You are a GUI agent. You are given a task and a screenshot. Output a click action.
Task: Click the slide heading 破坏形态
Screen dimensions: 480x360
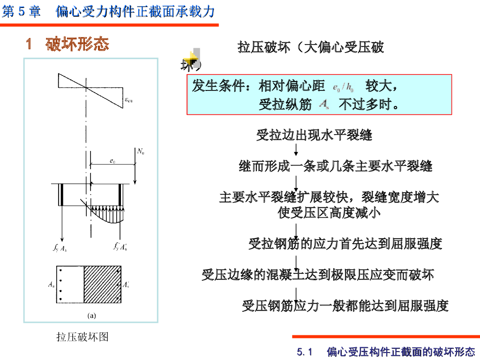77,44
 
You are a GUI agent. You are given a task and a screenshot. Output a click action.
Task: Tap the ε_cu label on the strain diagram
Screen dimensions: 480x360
128,99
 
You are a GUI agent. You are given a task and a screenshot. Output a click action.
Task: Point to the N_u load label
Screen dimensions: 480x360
141,151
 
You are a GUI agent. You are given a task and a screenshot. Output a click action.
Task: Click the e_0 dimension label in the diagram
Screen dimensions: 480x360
112,161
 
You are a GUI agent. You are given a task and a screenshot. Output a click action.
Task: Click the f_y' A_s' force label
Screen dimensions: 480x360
120,247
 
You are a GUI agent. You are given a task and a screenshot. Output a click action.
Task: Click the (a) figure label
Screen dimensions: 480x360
91,315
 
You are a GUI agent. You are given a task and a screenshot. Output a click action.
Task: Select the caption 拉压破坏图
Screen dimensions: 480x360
82,337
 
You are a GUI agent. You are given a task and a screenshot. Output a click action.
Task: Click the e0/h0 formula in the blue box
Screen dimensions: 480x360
343,87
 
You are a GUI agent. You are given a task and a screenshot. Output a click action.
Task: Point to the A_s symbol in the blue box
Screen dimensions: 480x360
323,105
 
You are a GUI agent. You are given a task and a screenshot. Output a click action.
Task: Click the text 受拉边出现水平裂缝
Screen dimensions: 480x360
314,135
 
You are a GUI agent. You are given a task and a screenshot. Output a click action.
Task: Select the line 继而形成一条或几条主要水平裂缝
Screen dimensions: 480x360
335,166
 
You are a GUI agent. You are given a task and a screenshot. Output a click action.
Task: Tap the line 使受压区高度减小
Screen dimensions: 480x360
329,213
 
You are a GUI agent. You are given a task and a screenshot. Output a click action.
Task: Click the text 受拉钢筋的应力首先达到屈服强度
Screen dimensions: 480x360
345,244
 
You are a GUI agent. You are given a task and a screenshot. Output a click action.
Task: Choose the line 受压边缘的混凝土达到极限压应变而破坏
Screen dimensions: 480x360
318,275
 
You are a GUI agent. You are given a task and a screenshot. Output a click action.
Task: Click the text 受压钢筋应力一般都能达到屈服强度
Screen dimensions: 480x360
345,306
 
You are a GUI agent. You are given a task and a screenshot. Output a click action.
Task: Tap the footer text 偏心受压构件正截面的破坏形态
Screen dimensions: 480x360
401,352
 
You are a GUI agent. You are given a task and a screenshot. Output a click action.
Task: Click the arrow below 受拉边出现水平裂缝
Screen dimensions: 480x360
296,150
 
